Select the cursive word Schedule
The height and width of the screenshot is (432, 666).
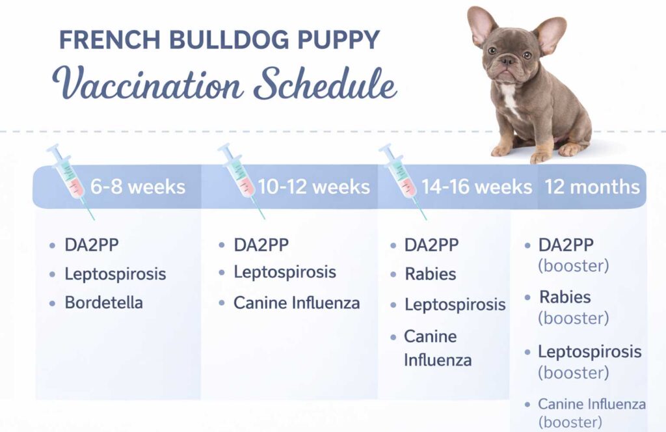tap(325, 85)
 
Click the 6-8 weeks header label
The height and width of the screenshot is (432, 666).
tap(137, 187)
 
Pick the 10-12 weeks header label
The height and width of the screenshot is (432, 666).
tap(313, 187)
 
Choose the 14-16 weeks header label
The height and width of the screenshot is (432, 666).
tap(476, 187)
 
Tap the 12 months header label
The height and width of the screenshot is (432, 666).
tap(592, 187)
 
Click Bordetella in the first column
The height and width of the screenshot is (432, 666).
tap(103, 303)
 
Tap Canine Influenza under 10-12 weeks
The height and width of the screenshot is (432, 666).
tap(297, 303)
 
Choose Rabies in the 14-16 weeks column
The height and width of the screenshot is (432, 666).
tap(430, 274)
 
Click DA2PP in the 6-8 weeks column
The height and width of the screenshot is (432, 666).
tap(92, 245)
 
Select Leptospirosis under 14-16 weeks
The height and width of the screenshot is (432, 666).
tap(455, 304)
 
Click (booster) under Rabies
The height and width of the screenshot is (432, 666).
tap(573, 318)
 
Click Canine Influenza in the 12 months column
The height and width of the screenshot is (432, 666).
tap(591, 404)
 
